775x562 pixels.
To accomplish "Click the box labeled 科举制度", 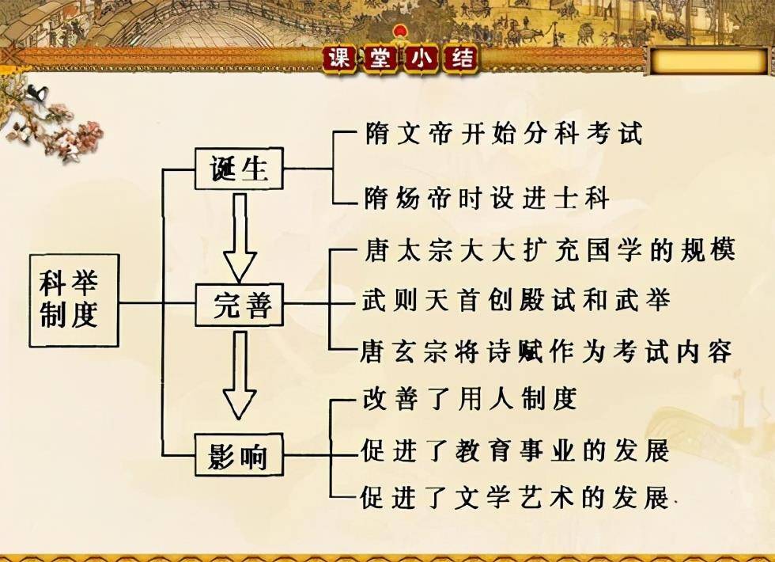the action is tap(74, 300).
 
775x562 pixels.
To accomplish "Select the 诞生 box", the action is tap(239, 168).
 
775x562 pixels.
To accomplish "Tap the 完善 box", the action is tap(239, 305).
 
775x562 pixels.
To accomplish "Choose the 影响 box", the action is tap(239, 454).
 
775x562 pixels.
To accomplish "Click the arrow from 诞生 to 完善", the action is tap(240, 237).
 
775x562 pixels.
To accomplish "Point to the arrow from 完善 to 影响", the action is tap(240, 375).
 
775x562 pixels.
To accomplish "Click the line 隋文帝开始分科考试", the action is tap(504, 133).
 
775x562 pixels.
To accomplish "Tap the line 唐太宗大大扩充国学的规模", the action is tap(550, 250).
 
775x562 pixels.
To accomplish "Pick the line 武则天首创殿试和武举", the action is tap(516, 300).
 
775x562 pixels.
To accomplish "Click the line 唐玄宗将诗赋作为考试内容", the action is tap(546, 351).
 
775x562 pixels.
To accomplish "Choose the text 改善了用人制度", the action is tap(470, 399).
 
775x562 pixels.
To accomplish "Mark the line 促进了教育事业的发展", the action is tap(515, 450).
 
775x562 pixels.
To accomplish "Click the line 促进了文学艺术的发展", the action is tap(515, 497).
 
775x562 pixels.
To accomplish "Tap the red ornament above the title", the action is tap(399, 32).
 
